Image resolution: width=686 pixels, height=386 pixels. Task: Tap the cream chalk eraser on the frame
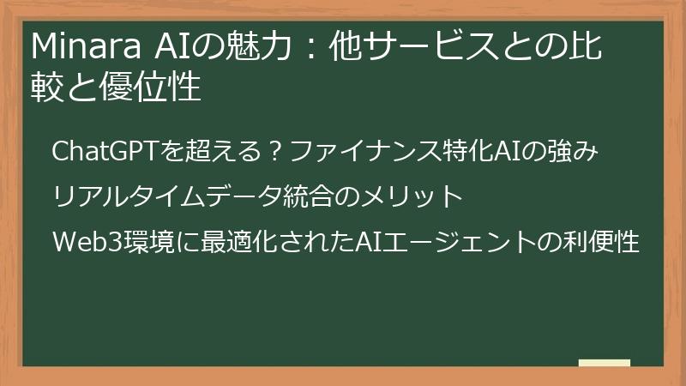[604, 364]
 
